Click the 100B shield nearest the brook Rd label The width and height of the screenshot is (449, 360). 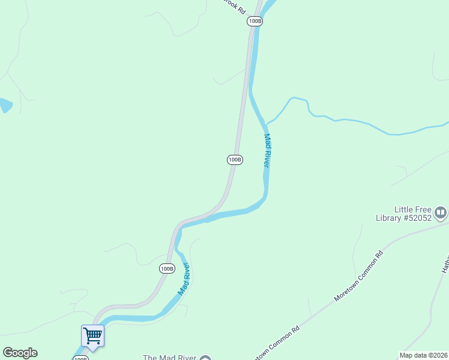click(255, 21)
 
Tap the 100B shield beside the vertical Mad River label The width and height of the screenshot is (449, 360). click(235, 160)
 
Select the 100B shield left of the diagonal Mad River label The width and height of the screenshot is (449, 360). click(167, 268)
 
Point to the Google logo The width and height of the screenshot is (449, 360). click(20, 353)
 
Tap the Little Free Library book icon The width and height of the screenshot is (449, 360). click(441, 212)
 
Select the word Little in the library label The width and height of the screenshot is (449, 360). click(405, 209)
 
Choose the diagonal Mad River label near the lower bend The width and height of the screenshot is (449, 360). click(184, 278)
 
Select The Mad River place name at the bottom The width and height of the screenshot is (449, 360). click(169, 358)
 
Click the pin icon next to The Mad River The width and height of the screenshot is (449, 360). click(206, 358)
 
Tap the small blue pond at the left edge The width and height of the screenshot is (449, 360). click(4, 105)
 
